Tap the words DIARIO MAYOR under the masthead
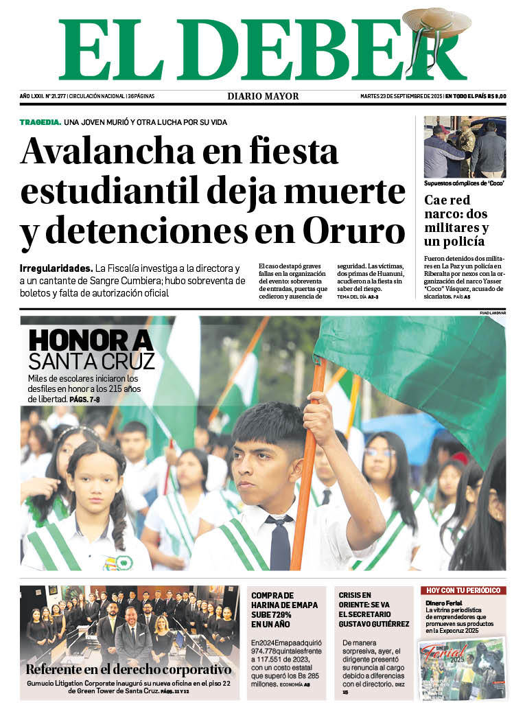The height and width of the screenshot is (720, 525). pos(263,96)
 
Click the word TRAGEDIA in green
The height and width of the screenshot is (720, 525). pos(40,122)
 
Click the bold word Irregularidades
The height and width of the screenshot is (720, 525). pos(56,268)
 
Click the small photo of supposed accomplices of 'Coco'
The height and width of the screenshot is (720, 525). pos(464,147)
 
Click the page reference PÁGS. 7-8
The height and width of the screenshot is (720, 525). pos(86,399)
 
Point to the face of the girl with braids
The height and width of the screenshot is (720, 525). pos(94,480)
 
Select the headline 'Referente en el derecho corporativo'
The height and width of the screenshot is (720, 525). pos(128,669)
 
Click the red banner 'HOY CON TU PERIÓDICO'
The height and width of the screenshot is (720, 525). pos(463,590)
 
